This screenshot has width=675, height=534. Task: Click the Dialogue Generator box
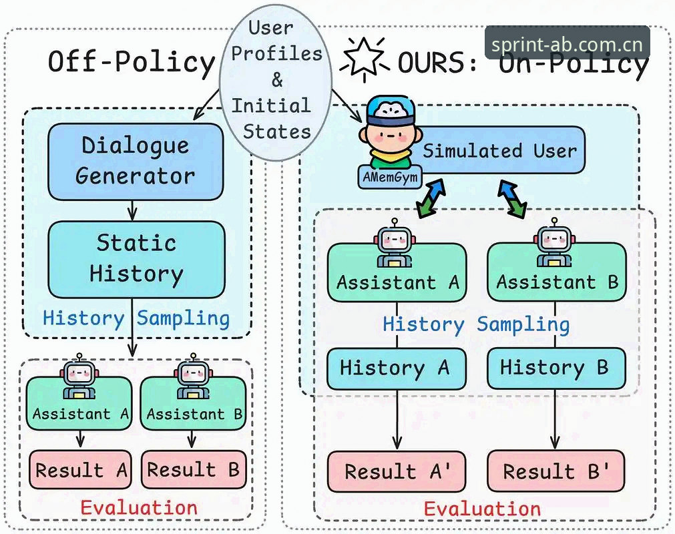pyautogui.click(x=136, y=162)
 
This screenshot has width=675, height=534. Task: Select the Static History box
pyautogui.click(x=136, y=260)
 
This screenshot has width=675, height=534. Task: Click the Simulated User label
pyautogui.click(x=500, y=151)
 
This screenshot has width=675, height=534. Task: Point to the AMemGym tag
pyautogui.click(x=390, y=177)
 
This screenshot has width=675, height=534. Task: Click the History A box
pyautogui.click(x=397, y=368)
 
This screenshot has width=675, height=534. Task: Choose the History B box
pyautogui.click(x=555, y=368)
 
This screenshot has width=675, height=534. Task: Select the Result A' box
pyautogui.click(x=397, y=471)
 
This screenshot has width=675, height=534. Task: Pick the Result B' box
pyautogui.click(x=555, y=471)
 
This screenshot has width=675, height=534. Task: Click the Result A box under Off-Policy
pyautogui.click(x=81, y=469)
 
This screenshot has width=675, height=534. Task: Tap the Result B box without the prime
pyautogui.click(x=194, y=469)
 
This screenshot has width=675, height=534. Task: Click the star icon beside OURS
pyautogui.click(x=364, y=59)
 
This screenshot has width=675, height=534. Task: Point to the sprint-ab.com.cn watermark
pyautogui.click(x=567, y=44)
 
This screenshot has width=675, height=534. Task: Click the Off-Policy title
pyautogui.click(x=132, y=61)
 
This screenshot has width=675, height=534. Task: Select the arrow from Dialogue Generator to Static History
pyautogui.click(x=133, y=210)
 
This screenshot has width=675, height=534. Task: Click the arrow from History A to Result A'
pyautogui.click(x=397, y=420)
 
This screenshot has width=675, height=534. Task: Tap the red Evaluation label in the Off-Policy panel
pyautogui.click(x=139, y=508)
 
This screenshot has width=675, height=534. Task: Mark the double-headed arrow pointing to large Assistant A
pyautogui.click(x=431, y=198)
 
